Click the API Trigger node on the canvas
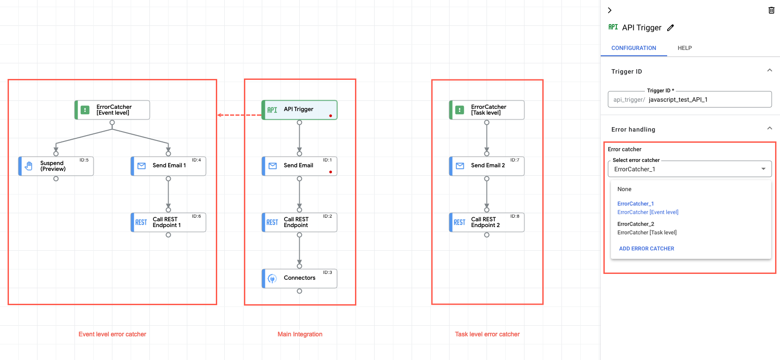pyautogui.click(x=299, y=110)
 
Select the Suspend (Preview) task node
pyautogui.click(x=56, y=166)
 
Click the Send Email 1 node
pyautogui.click(x=168, y=166)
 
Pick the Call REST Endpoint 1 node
pyautogui.click(x=168, y=222)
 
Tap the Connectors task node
pyautogui.click(x=299, y=278)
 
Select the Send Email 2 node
pyautogui.click(x=487, y=166)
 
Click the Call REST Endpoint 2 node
pyautogui.click(x=487, y=222)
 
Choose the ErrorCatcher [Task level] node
pyautogui.click(x=487, y=110)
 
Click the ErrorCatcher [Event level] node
pyautogui.click(x=112, y=110)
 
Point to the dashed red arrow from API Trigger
pyautogui.click(x=239, y=115)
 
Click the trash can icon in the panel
pyautogui.click(x=771, y=10)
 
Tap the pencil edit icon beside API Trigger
pyautogui.click(x=670, y=28)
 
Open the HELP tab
pyautogui.click(x=685, y=48)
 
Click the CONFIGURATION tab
pyautogui.click(x=633, y=48)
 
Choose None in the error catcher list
pyautogui.click(x=624, y=189)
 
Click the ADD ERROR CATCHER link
pyautogui.click(x=646, y=248)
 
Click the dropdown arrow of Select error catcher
pyautogui.click(x=763, y=169)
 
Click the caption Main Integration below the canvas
pyautogui.click(x=300, y=334)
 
